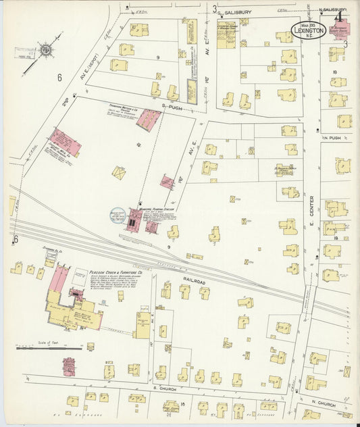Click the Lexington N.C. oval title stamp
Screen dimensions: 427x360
[309, 29]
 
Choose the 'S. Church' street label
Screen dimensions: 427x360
[165, 390]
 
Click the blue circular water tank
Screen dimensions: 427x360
[118, 215]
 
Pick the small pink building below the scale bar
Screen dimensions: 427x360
[69, 366]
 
